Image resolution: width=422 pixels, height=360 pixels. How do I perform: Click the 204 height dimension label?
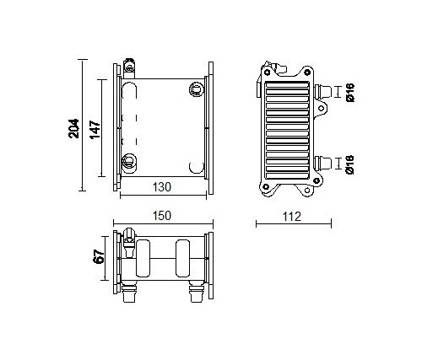pos(74,128)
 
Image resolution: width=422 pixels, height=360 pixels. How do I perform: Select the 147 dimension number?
pos(95,130)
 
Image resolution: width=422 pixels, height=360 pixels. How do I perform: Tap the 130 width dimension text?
pos(162,187)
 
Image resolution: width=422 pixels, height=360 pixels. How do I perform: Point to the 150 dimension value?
pos(162,216)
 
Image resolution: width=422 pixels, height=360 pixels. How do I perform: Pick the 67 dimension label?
pos(99,256)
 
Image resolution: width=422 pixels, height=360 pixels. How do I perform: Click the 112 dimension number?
pos(292,217)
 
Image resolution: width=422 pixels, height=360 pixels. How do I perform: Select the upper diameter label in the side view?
pos(350,93)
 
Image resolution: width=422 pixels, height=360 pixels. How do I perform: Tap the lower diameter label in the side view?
pos(350,164)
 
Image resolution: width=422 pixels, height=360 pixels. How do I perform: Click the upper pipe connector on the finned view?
pos(323,92)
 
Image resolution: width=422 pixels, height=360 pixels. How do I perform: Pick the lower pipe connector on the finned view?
pos(323,164)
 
